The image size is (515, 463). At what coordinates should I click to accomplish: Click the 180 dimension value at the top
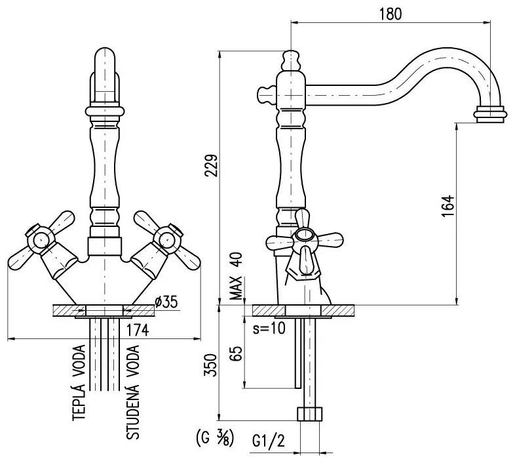(x=391, y=13)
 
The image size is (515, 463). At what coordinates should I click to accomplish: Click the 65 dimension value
(x=238, y=355)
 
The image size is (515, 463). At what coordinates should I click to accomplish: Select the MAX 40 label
(x=238, y=275)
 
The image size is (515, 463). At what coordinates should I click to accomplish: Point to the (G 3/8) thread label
(x=214, y=437)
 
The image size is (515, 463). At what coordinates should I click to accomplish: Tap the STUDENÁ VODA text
(x=132, y=393)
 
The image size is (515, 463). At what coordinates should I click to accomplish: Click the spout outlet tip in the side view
(x=489, y=114)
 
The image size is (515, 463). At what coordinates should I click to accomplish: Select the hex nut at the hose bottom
(x=311, y=414)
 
